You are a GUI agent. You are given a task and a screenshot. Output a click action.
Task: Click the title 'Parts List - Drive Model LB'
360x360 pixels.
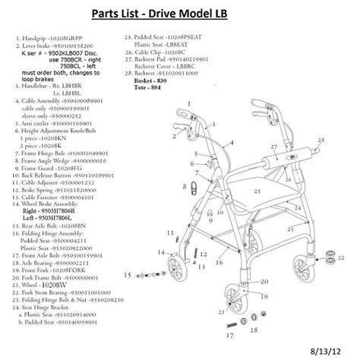[x=180, y=14]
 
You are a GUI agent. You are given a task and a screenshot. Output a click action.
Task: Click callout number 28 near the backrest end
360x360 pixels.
[x=323, y=139]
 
